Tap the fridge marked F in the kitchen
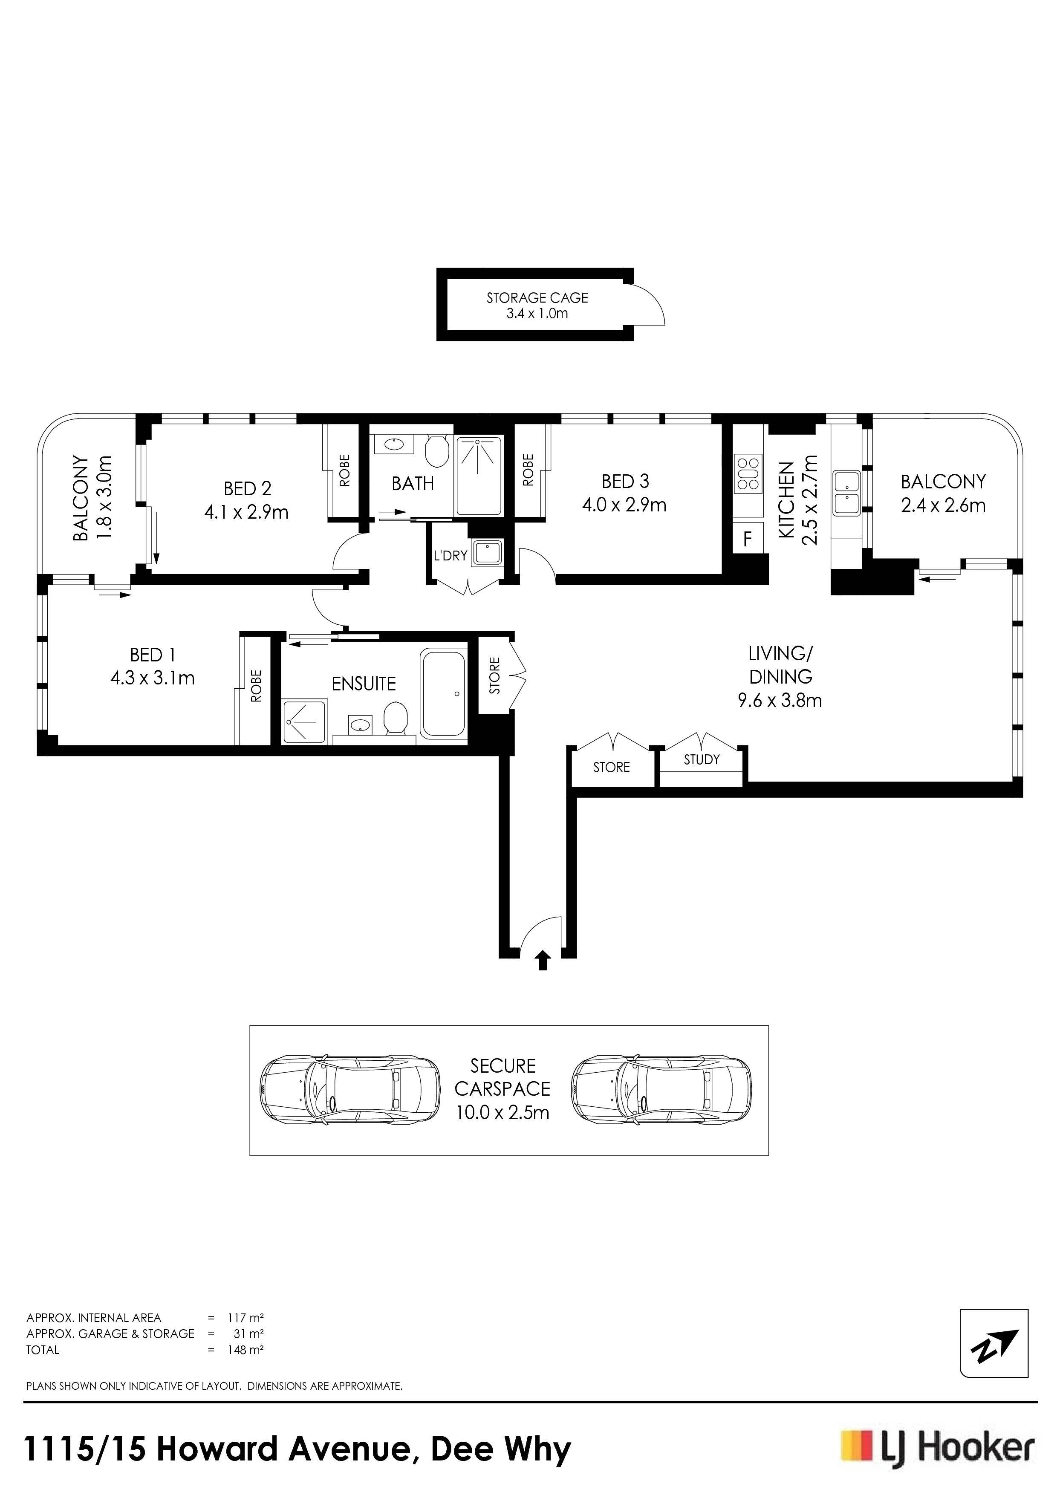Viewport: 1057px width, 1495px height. click(x=748, y=539)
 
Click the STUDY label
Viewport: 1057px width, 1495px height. click(x=702, y=759)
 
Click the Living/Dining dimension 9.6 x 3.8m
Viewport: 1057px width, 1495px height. click(x=780, y=701)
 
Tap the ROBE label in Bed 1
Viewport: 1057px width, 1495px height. click(x=256, y=686)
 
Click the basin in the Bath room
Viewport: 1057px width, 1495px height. click(x=393, y=445)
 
